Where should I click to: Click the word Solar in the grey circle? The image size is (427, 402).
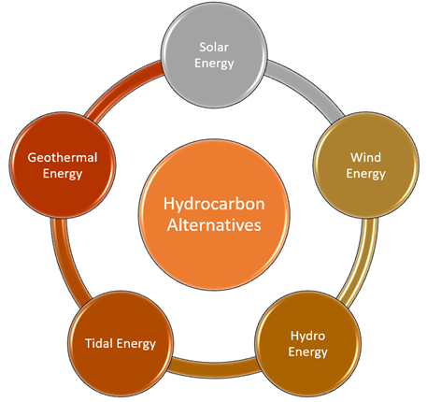214,48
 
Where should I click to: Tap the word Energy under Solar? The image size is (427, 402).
214,64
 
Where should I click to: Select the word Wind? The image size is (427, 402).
365,157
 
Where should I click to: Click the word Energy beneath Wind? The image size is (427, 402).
366,174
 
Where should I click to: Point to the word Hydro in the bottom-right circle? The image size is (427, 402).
307,337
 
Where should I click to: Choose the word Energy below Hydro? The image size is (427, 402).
307,352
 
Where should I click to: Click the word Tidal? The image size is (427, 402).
99,343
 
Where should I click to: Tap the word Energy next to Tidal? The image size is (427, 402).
136,344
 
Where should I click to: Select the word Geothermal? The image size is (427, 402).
63,157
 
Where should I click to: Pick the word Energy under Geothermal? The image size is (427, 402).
63,174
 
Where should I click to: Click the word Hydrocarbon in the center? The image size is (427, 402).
214,204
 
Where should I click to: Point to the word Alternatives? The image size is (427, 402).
214,225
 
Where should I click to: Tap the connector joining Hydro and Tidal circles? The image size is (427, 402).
214,367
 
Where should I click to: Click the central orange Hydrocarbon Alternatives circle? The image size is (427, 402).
214,215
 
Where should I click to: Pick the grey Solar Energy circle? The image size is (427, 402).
214,55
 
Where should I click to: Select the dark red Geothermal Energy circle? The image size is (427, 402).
63,165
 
